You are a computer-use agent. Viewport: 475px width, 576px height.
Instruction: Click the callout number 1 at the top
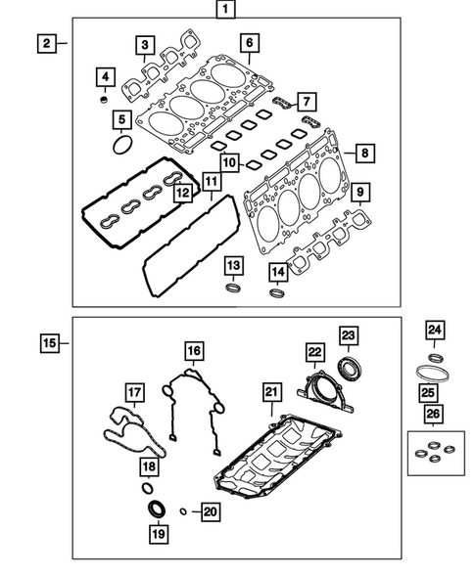coord(226,12)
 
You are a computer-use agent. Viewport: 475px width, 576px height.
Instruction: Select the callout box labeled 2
coord(45,43)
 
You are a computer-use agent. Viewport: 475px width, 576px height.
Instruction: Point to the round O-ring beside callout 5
coord(121,146)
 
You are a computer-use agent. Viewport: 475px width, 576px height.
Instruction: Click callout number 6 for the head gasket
coord(249,43)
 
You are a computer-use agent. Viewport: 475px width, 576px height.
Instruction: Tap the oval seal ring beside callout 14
coord(277,292)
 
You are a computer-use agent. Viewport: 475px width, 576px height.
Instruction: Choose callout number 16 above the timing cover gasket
coord(194,351)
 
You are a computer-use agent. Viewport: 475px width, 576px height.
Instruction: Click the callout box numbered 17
coord(134,393)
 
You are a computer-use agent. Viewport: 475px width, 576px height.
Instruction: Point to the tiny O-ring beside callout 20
coord(182,510)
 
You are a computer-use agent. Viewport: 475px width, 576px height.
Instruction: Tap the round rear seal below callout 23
coord(349,370)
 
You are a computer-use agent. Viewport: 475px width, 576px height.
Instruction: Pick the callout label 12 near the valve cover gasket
coord(182,194)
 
